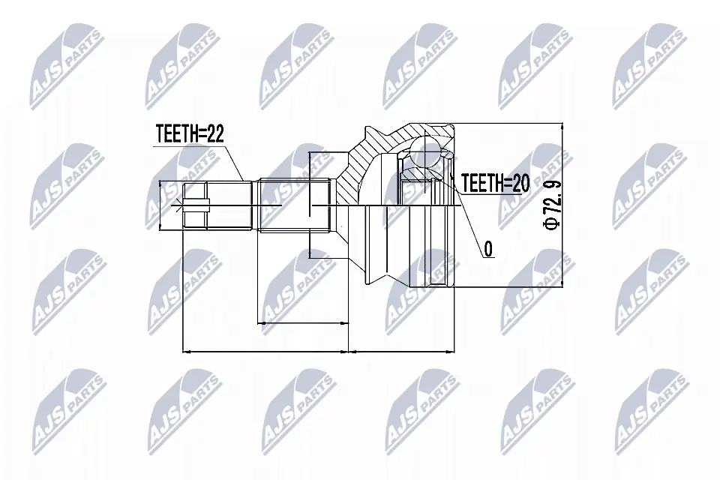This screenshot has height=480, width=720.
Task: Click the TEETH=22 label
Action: pyautogui.click(x=190, y=135)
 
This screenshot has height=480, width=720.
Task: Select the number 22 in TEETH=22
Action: pyautogui.click(x=214, y=135)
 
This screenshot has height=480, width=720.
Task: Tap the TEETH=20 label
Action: pyautogui.click(x=495, y=182)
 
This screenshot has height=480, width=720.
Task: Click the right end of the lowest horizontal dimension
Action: pyautogui.click(x=454, y=350)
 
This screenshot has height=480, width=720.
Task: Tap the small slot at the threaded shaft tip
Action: pyautogui.click(x=193, y=205)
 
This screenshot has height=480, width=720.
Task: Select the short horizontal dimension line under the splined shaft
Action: pyautogui.click(x=304, y=323)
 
